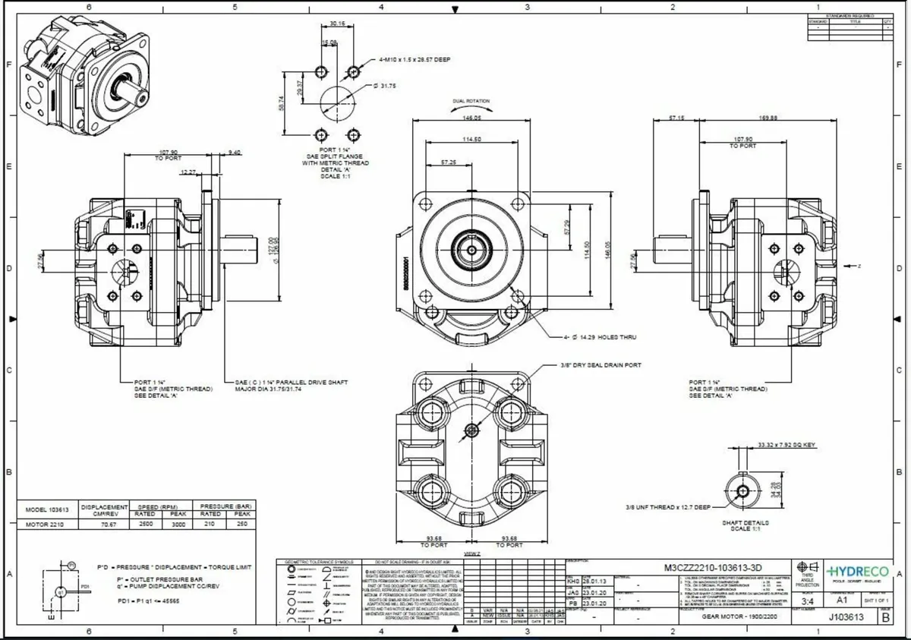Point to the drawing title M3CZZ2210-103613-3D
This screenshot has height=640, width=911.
pos(713,567)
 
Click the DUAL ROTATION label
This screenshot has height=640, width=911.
pos(471,101)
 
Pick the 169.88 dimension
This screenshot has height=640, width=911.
pos(768,118)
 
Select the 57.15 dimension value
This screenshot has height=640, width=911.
pos(677,118)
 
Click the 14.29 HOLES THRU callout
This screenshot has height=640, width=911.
pos(604,336)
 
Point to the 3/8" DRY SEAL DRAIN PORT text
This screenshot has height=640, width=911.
pos(601,365)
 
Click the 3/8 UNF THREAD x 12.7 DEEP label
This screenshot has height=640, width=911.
pos(667,506)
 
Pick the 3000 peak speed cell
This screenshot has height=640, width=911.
pos(177,524)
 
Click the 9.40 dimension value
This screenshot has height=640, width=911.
pos(235,153)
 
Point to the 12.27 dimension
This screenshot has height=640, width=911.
pos(188,173)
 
